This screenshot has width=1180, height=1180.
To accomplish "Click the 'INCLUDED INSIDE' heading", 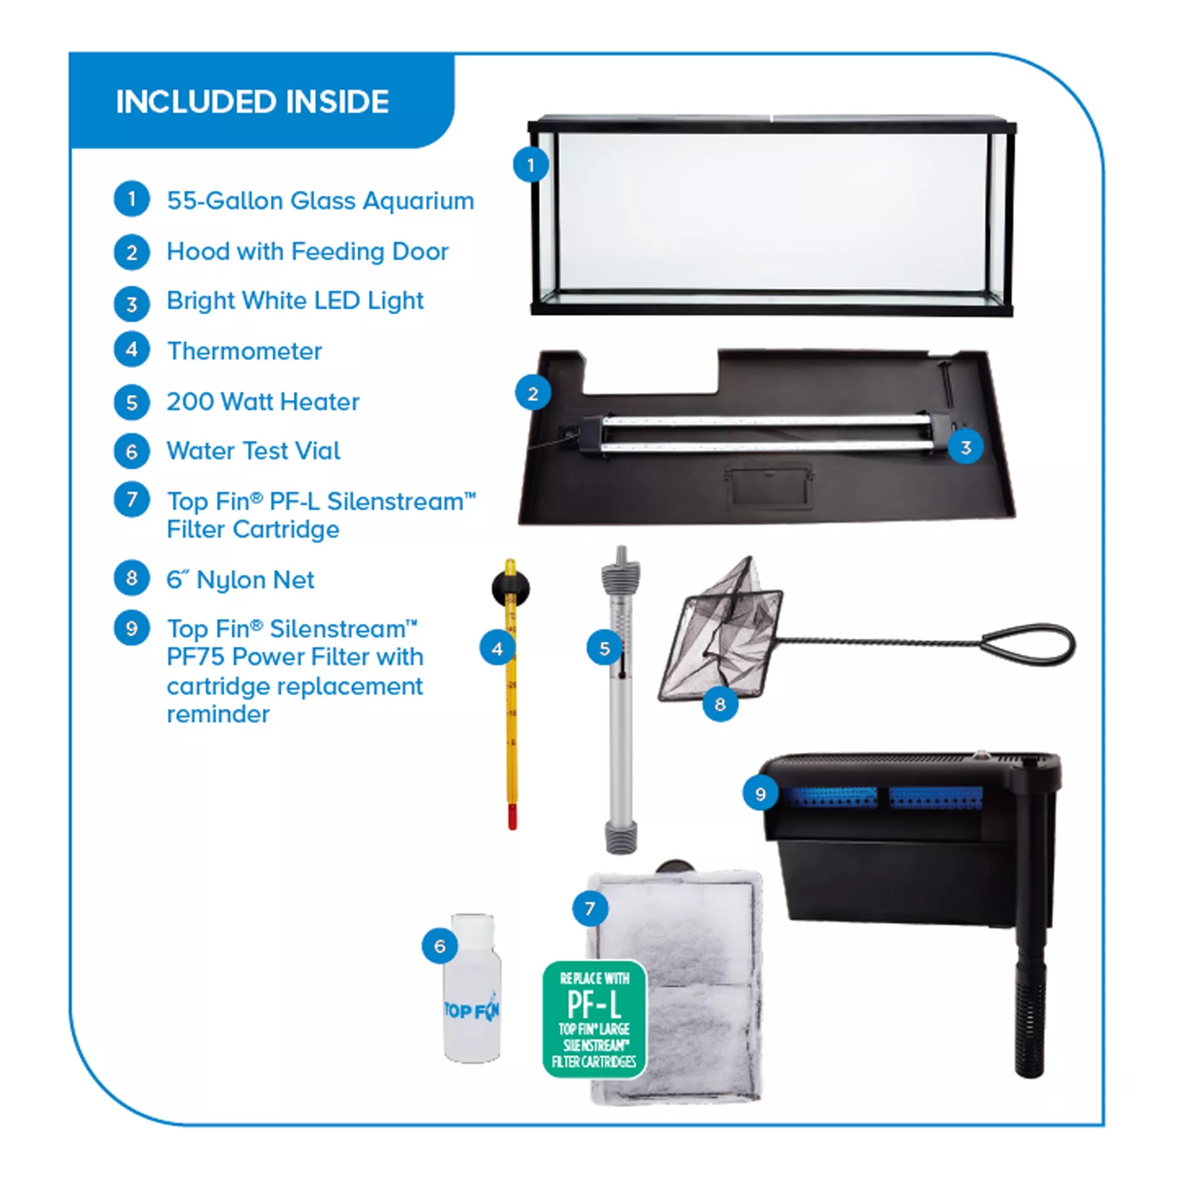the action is (x=253, y=101).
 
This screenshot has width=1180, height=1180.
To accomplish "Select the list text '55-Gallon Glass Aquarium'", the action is (x=320, y=201).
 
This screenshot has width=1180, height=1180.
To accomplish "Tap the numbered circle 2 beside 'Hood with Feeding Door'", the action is (x=132, y=253).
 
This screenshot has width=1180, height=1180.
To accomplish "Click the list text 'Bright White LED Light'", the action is (x=295, y=300).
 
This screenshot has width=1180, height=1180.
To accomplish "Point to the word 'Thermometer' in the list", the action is (x=244, y=350).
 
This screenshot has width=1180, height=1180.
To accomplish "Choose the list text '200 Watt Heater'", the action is (x=263, y=401).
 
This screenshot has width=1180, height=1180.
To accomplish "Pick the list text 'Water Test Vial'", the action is (x=254, y=451).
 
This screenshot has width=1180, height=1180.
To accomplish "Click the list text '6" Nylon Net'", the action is (x=240, y=579).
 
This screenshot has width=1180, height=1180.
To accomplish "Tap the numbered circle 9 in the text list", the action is (x=132, y=628).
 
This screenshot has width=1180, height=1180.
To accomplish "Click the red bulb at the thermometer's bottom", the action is (x=512, y=817).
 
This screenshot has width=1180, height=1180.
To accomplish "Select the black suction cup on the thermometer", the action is (x=510, y=588).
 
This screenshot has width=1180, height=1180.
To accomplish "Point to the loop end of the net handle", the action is (x=1027, y=645).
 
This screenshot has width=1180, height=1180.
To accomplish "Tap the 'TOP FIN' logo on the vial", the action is (x=471, y=1011).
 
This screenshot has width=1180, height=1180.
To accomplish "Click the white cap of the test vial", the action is (x=472, y=932).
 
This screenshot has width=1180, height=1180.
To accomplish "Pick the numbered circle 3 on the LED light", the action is (x=966, y=447).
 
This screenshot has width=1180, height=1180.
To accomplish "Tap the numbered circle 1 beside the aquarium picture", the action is (x=531, y=165).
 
